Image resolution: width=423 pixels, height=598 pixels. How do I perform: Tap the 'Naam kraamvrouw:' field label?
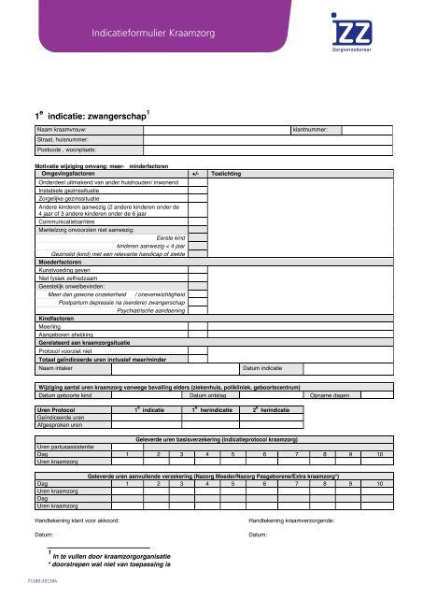pyautogui.click(x=62, y=128)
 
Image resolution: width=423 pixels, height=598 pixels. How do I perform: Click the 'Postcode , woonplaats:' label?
pyautogui.click(x=68, y=149)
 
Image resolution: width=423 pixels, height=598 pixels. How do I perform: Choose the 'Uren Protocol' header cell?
pyautogui.click(x=55, y=436)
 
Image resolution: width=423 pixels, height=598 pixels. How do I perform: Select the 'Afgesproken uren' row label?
pyautogui.click(x=57, y=452)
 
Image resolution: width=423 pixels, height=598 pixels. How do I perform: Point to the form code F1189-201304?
pyautogui.click(x=25, y=581)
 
